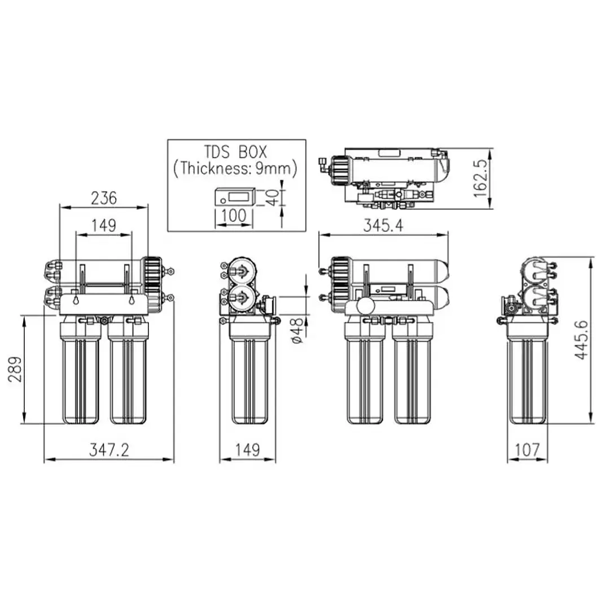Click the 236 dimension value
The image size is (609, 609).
(104, 198)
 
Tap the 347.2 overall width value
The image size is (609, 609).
(109, 449)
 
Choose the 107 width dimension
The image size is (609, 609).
(527, 449)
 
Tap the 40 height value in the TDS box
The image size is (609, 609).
(273, 198)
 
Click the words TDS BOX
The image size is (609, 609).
(236, 152)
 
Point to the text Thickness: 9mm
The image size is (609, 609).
(236, 168)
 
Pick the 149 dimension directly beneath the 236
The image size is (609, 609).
(104, 225)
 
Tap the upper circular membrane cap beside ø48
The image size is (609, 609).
(240, 271)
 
